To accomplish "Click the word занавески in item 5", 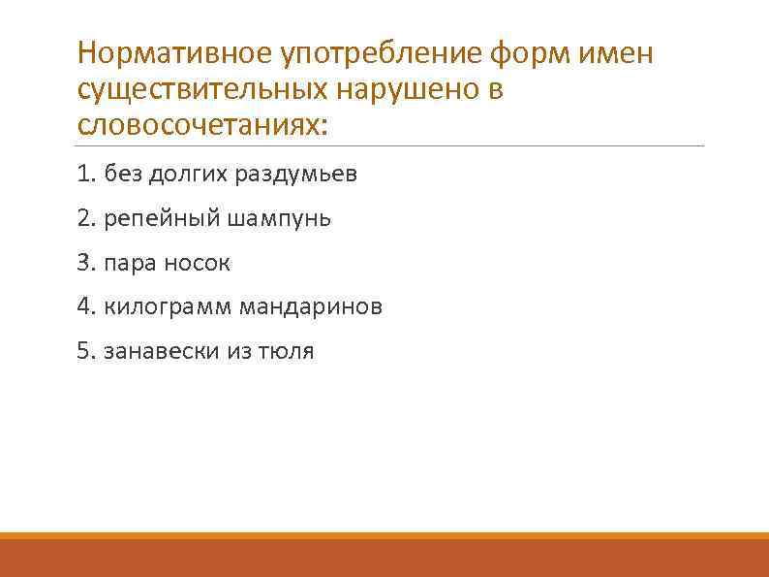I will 157,351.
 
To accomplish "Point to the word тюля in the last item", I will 287,351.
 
